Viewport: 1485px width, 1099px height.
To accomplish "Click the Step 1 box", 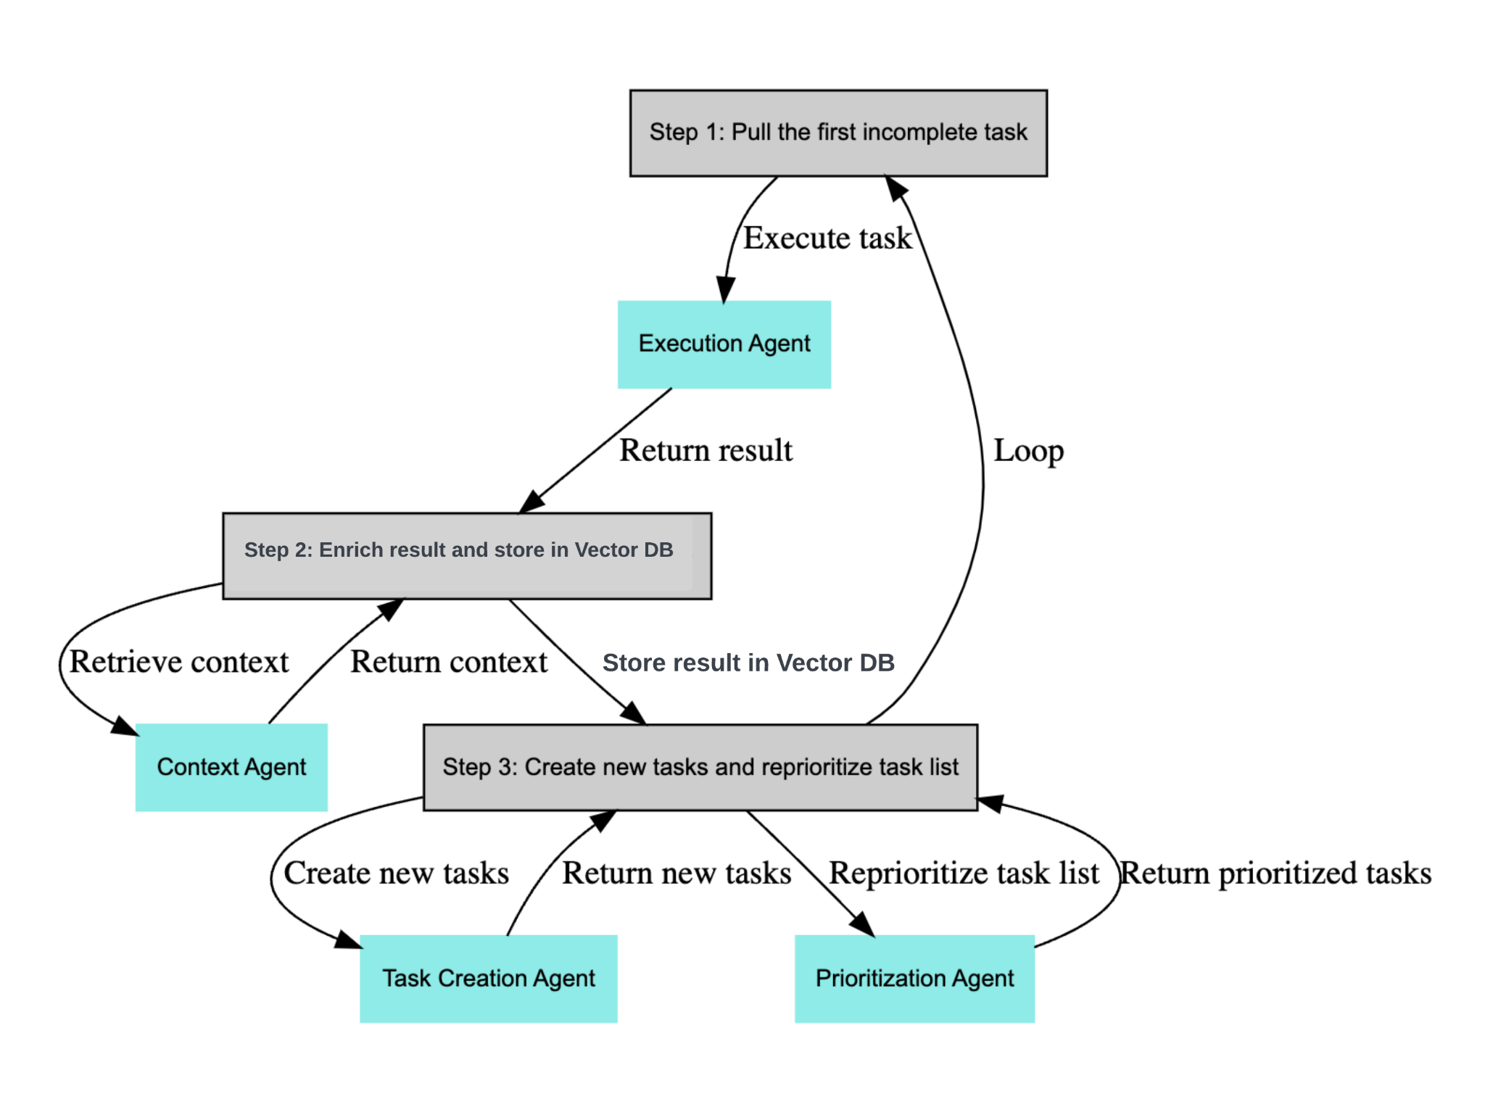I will [x=837, y=133].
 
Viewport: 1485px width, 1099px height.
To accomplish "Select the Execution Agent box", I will [x=724, y=344].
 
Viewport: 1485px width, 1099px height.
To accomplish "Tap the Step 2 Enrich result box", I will [x=466, y=555].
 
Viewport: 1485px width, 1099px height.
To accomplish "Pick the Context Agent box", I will [x=231, y=767].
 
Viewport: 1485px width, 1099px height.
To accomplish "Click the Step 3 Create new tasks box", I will [x=700, y=767].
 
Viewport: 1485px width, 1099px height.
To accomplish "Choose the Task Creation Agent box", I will [x=488, y=978].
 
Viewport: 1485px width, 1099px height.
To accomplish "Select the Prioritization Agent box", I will [x=914, y=978].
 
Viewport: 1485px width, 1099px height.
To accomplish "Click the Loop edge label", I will [x=1027, y=451].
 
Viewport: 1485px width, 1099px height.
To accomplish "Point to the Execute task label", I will [x=827, y=239].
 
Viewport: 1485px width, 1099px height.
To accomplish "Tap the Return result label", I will [x=706, y=450].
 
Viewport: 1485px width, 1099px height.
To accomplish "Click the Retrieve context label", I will [x=178, y=662].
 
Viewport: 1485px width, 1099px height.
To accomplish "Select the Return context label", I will [x=449, y=662].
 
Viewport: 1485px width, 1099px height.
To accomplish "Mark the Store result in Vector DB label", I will [x=748, y=663].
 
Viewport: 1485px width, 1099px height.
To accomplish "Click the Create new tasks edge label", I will [x=396, y=873].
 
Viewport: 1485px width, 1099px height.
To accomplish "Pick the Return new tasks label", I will [x=676, y=873].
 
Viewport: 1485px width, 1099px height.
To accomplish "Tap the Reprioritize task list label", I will [x=964, y=873].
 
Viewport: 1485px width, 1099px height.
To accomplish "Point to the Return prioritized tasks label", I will [x=1275, y=873].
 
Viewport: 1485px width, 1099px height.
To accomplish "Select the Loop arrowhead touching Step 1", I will [x=895, y=188].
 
